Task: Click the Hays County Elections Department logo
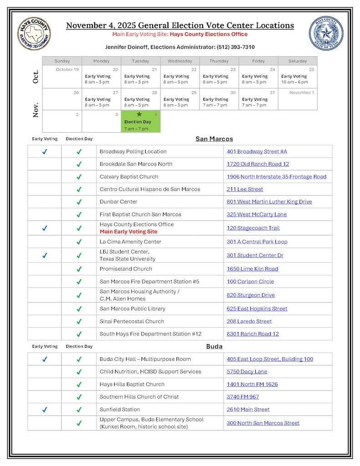[34, 34]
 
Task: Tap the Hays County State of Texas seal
[326, 34]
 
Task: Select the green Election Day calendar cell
[141, 122]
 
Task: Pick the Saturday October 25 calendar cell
[298, 77]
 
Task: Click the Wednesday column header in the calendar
[180, 61]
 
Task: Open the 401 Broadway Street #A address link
[257, 152]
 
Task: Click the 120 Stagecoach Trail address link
[253, 228]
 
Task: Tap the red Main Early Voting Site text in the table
[128, 232]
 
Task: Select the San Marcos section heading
[214, 139]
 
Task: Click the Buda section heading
[214, 346]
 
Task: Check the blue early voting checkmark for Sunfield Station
[45, 410]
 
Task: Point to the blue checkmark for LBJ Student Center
[45, 255]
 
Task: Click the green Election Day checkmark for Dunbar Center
[79, 202]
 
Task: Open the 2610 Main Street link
[248, 410]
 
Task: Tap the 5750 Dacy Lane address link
[247, 372]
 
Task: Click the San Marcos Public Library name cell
[132, 309]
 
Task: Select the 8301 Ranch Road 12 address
[253, 334]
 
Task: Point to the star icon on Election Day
[139, 114]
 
